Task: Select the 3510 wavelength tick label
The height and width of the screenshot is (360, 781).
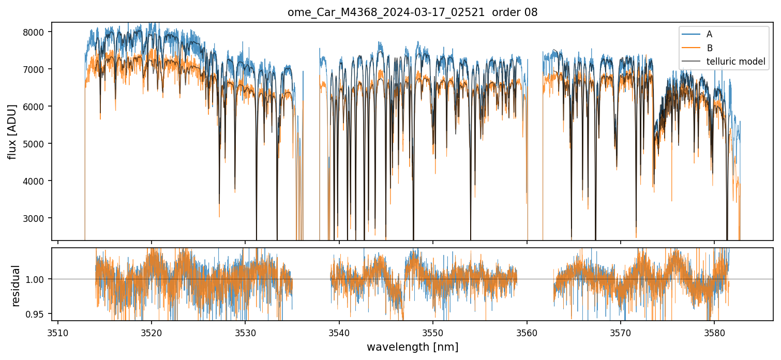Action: pyautogui.click(x=57, y=332)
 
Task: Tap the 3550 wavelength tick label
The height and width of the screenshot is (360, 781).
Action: pyautogui.click(x=432, y=332)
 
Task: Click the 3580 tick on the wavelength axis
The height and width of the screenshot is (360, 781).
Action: pyautogui.click(x=714, y=332)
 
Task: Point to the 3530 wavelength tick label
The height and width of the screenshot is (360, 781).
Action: pyautogui.click(x=245, y=332)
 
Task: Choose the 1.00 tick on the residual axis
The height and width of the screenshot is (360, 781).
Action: pyautogui.click(x=38, y=279)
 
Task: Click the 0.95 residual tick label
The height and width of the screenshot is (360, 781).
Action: pyautogui.click(x=38, y=314)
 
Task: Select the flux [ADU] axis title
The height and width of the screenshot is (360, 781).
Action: pyautogui.click(x=12, y=131)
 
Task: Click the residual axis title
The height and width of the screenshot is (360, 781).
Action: pyautogui.click(x=16, y=286)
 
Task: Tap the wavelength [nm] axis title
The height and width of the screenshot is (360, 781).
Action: pyautogui.click(x=412, y=347)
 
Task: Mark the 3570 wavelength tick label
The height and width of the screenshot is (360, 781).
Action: pyautogui.click(x=620, y=332)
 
